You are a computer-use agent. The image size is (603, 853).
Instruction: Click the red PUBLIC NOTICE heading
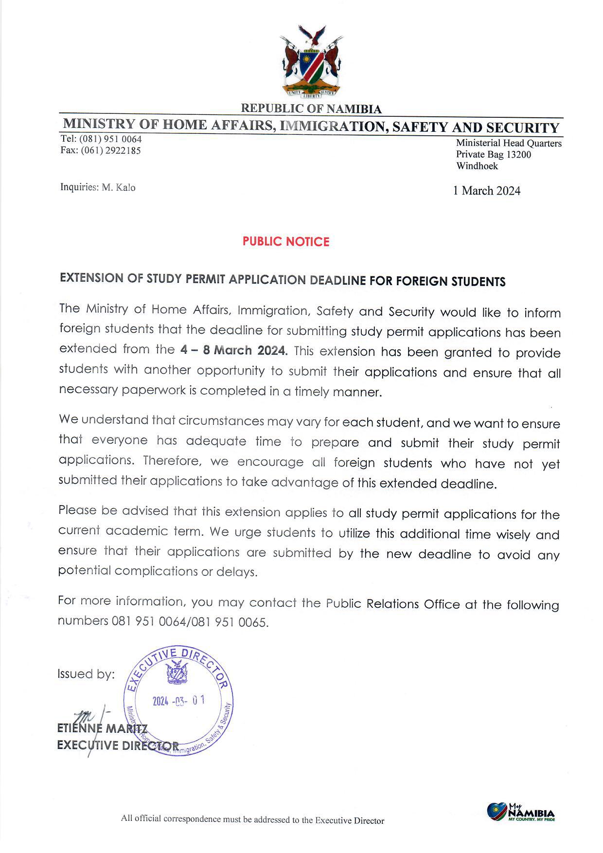coord(286,242)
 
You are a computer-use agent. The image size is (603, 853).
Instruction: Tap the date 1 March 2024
coord(486,191)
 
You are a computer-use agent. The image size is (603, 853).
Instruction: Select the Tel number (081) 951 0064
coord(110,140)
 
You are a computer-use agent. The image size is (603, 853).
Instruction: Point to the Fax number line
coord(101,151)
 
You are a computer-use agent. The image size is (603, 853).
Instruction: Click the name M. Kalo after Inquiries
coord(119,187)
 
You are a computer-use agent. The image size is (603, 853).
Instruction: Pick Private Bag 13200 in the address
coord(493,155)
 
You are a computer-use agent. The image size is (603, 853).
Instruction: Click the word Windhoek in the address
coord(477,166)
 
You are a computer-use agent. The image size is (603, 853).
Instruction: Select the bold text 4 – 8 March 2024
coord(233,350)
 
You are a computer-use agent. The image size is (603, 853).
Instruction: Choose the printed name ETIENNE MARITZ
coord(102,729)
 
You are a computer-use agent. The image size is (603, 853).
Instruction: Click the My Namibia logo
coord(520,812)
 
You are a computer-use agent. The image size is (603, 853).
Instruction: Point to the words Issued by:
coord(86,674)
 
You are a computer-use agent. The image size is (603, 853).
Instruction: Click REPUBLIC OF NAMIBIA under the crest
coord(311,109)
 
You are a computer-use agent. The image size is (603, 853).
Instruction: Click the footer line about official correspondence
coord(252,820)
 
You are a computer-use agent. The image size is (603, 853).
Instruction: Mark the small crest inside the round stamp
coord(177,673)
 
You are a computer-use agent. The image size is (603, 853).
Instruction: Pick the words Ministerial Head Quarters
coord(509,143)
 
